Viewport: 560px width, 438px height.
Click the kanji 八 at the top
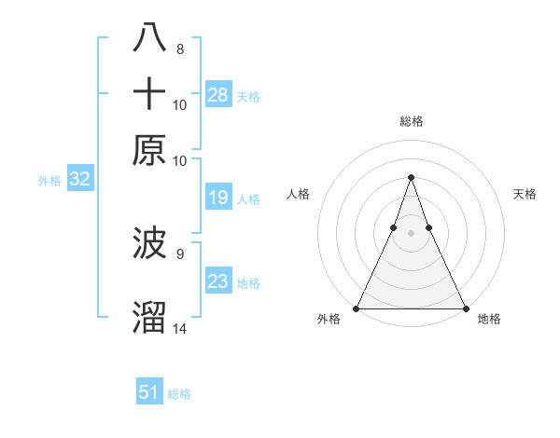pos(150,39)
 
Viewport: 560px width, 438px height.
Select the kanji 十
pos(150,95)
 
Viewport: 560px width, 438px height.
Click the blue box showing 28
pos(218,95)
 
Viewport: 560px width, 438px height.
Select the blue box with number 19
pos(218,198)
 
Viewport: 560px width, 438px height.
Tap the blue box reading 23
pos(218,281)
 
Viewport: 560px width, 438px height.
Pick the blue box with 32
pos(79,180)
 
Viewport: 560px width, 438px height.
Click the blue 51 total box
pos(149,392)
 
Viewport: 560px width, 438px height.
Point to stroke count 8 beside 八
pos(180,48)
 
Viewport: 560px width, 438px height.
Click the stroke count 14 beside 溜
pos(180,329)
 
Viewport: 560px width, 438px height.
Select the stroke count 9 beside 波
pos(180,253)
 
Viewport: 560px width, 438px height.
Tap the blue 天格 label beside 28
pos(248,97)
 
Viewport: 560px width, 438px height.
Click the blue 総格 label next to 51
pos(179,394)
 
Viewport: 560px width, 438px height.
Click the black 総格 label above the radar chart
pos(411,121)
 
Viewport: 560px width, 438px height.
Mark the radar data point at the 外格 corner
pos(357,308)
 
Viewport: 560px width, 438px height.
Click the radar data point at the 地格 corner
pos(465,308)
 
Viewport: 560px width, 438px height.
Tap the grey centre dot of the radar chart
pos(411,233)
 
